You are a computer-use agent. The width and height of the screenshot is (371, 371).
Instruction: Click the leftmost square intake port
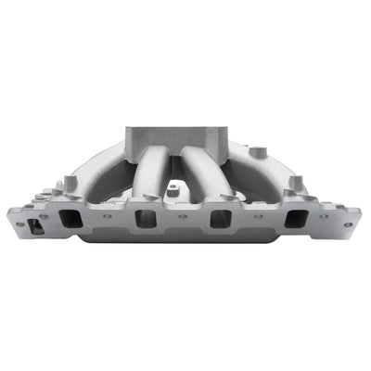pyautogui.click(x=70, y=219)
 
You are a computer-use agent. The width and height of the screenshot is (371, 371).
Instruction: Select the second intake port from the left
pyautogui.click(x=146, y=219)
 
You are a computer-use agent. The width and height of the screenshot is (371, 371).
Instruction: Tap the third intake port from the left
pyautogui.click(x=220, y=219)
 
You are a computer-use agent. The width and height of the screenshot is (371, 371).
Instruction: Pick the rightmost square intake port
pyautogui.click(x=295, y=219)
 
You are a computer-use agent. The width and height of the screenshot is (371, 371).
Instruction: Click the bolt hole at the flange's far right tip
pyautogui.click(x=350, y=223)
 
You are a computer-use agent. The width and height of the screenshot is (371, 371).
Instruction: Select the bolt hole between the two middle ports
pyautogui.click(x=183, y=216)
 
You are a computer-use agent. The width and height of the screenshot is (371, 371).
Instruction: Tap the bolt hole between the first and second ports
pyautogui.click(x=108, y=216)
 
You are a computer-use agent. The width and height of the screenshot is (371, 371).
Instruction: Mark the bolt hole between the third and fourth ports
pyautogui.click(x=258, y=216)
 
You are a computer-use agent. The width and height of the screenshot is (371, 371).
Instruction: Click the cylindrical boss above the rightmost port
pyautogui.click(x=294, y=183)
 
